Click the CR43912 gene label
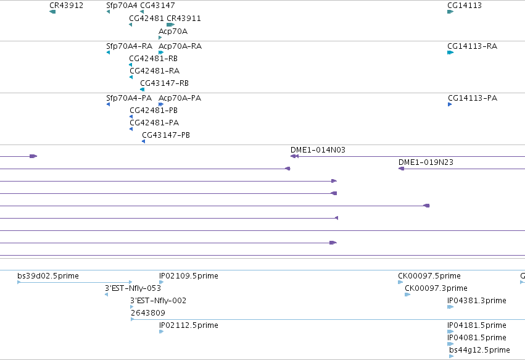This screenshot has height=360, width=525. pos(66,6)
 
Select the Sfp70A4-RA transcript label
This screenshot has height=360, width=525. pos(129,46)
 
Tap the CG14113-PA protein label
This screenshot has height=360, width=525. pos(473,98)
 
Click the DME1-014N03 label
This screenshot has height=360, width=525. pos(318,150)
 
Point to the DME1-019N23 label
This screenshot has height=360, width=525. pos(426,162)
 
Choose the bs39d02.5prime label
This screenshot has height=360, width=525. pos(48,276)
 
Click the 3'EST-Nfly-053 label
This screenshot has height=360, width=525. pos(133,288)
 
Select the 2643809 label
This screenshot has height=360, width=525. pos(147,312)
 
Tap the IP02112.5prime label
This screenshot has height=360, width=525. pos(189,325)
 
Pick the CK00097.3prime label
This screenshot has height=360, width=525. pos(436,288)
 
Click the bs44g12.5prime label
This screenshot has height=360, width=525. pos(479,350)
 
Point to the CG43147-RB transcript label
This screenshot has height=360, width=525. pos(164,83)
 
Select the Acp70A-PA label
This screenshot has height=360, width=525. pos(180,98)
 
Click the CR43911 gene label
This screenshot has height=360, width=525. pos(184,19)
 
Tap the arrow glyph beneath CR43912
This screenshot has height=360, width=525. pos(52,12)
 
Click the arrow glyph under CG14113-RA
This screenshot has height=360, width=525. pos(450,52)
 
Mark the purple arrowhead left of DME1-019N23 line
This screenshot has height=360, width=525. pos(401,169)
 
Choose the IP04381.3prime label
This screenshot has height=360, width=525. pos(476,301)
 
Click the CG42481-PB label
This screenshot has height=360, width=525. pos(154,111)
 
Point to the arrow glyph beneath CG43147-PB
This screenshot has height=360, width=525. pos(143,141)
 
